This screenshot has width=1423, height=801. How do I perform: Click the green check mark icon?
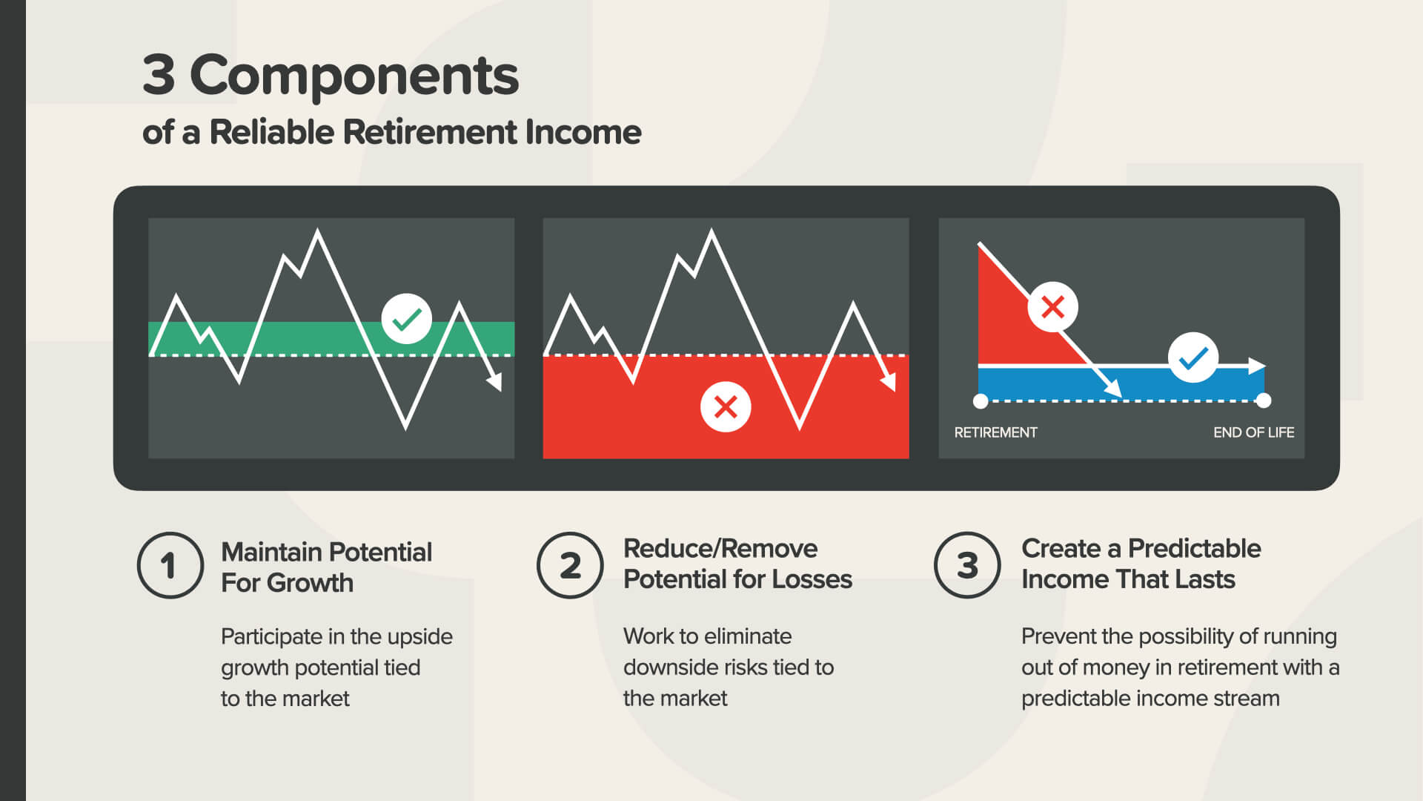(407, 319)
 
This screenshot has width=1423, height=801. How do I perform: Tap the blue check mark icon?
(1193, 357)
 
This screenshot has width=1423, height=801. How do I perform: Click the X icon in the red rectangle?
(726, 406)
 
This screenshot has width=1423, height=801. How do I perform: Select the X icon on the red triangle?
(1052, 306)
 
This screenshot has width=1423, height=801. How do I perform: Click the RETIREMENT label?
(995, 432)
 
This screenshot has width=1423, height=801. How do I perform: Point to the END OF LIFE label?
(1253, 432)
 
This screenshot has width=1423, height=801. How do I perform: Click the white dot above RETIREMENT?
(981, 401)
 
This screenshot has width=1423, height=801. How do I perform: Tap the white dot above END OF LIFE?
(1264, 400)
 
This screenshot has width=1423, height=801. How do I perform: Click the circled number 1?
(170, 565)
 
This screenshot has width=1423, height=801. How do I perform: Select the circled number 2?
(570, 565)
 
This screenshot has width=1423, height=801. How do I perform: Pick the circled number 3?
(967, 565)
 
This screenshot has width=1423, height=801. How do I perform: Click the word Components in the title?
(354, 76)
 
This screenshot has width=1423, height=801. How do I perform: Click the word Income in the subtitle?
(583, 132)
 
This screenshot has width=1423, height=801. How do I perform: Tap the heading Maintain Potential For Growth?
(326, 567)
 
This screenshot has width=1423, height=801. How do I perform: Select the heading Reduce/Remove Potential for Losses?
(737, 564)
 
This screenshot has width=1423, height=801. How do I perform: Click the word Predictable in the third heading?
(1194, 548)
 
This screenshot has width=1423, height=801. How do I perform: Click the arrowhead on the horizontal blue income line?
(1257, 366)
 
